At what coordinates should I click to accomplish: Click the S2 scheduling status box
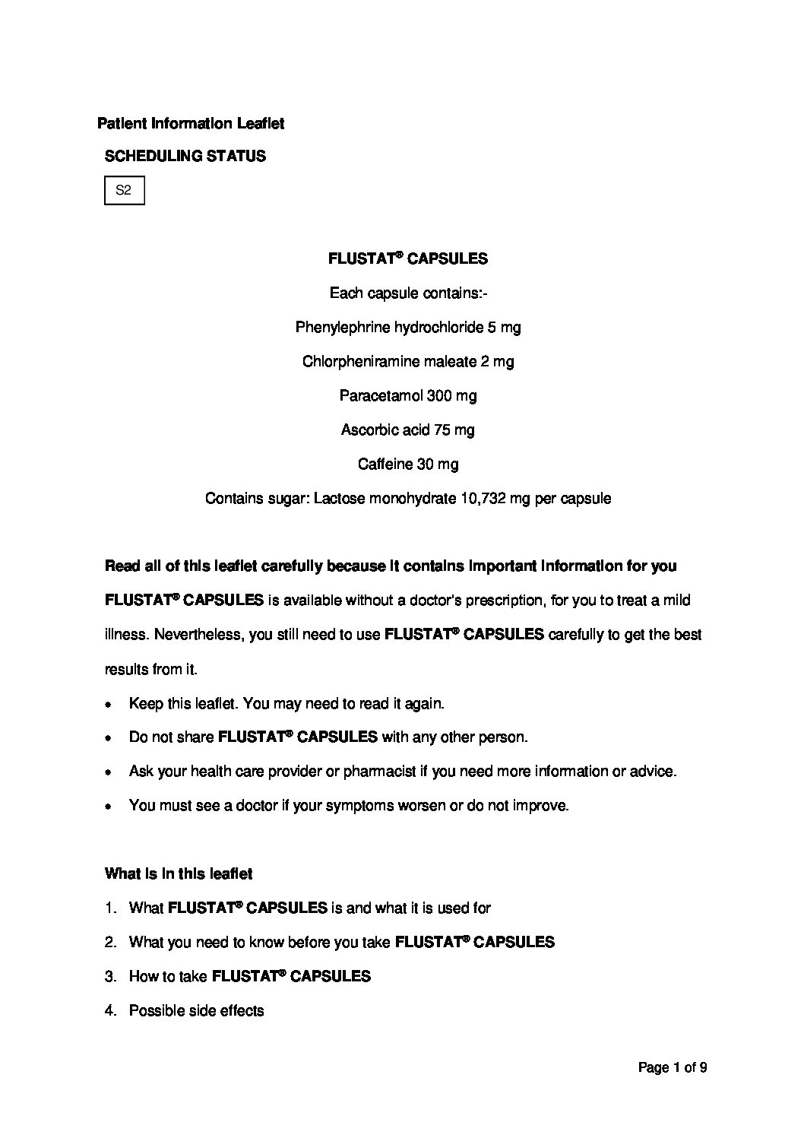tap(124, 191)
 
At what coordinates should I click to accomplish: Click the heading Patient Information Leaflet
tap(191, 123)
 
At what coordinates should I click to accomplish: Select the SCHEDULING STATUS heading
tap(185, 157)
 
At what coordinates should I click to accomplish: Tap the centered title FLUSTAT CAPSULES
tap(407, 258)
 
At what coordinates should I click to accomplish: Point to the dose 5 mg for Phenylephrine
tap(505, 328)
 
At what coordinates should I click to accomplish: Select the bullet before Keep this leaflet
tap(109, 704)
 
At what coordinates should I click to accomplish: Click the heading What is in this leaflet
tap(179, 874)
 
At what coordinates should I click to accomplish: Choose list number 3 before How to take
tap(110, 977)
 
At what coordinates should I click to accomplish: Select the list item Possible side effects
tap(197, 1011)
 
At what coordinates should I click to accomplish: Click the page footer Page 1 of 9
tap(673, 1068)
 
